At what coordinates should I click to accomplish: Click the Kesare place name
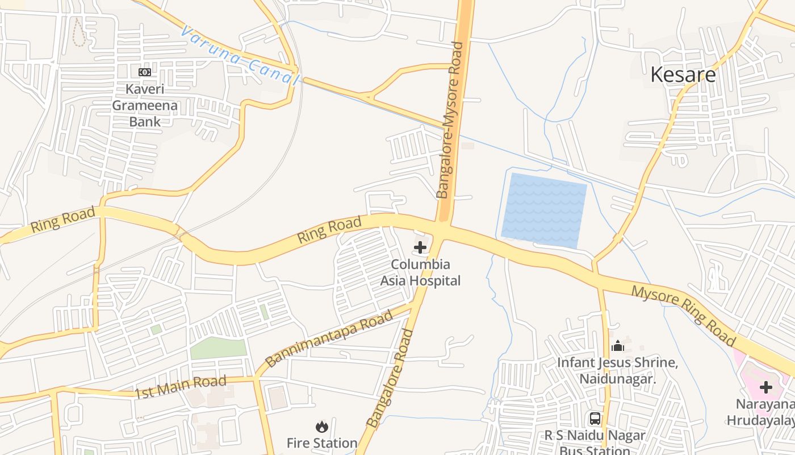tap(683, 75)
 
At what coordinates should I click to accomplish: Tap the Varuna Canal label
tap(239, 55)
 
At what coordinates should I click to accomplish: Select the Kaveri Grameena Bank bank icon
tap(144, 72)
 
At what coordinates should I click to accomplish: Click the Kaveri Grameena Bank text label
tap(144, 105)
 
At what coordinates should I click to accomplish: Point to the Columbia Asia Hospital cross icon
tap(420, 247)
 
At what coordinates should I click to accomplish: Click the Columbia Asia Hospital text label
tap(420, 272)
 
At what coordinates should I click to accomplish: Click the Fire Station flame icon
tap(322, 427)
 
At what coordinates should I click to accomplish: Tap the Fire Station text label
tap(322, 443)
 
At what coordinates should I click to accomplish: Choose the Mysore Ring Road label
tap(684, 316)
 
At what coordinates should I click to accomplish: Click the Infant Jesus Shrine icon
tap(618, 346)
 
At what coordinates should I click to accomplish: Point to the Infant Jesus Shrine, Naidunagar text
tap(618, 370)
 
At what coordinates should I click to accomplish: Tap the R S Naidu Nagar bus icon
tap(595, 419)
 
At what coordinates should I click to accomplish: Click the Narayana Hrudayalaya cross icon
tap(766, 388)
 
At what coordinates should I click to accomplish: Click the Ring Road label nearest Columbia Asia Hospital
tap(329, 229)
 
